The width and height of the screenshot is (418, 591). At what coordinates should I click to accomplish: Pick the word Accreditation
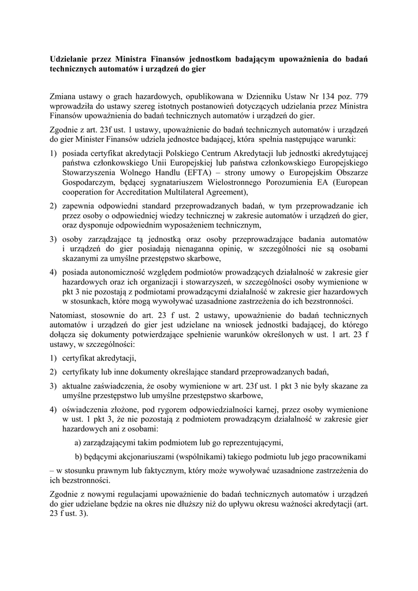coord(141,192)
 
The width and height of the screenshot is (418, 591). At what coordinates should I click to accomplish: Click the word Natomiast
coord(69,316)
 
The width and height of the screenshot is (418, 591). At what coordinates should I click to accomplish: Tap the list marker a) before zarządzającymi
coord(79,443)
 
